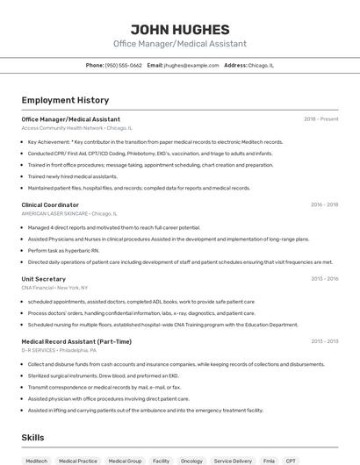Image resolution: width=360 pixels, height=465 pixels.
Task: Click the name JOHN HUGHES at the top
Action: click(x=179, y=28)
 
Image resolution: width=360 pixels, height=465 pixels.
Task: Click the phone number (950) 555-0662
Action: click(x=123, y=65)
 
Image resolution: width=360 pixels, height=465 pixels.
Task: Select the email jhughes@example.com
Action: click(x=191, y=65)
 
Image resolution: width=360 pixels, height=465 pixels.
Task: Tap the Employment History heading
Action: click(x=65, y=100)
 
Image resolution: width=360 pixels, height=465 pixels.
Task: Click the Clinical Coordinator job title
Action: click(x=50, y=204)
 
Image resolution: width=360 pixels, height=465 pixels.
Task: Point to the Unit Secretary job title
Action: click(x=44, y=279)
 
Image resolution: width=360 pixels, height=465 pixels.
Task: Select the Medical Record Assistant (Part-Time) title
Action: click(x=76, y=341)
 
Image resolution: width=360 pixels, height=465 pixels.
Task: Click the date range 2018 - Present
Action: click(x=320, y=119)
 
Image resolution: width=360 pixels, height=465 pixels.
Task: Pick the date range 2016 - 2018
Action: click(x=324, y=204)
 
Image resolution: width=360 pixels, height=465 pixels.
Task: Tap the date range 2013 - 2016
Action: click(x=324, y=279)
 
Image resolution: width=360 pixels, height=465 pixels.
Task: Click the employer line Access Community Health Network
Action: click(x=62, y=128)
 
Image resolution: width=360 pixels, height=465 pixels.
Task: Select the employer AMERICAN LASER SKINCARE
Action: click(x=54, y=213)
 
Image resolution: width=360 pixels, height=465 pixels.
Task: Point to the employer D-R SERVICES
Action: click(x=38, y=350)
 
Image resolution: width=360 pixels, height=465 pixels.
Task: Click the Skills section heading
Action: click(x=32, y=437)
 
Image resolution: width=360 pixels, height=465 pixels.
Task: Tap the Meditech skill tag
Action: click(x=37, y=460)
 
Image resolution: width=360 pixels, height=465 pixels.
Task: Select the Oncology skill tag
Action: click(x=191, y=460)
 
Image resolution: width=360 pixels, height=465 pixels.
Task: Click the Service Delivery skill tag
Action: click(x=233, y=460)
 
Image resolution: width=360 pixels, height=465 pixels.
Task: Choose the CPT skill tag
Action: click(x=291, y=460)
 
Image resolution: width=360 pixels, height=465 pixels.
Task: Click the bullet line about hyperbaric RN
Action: click(x=63, y=250)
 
